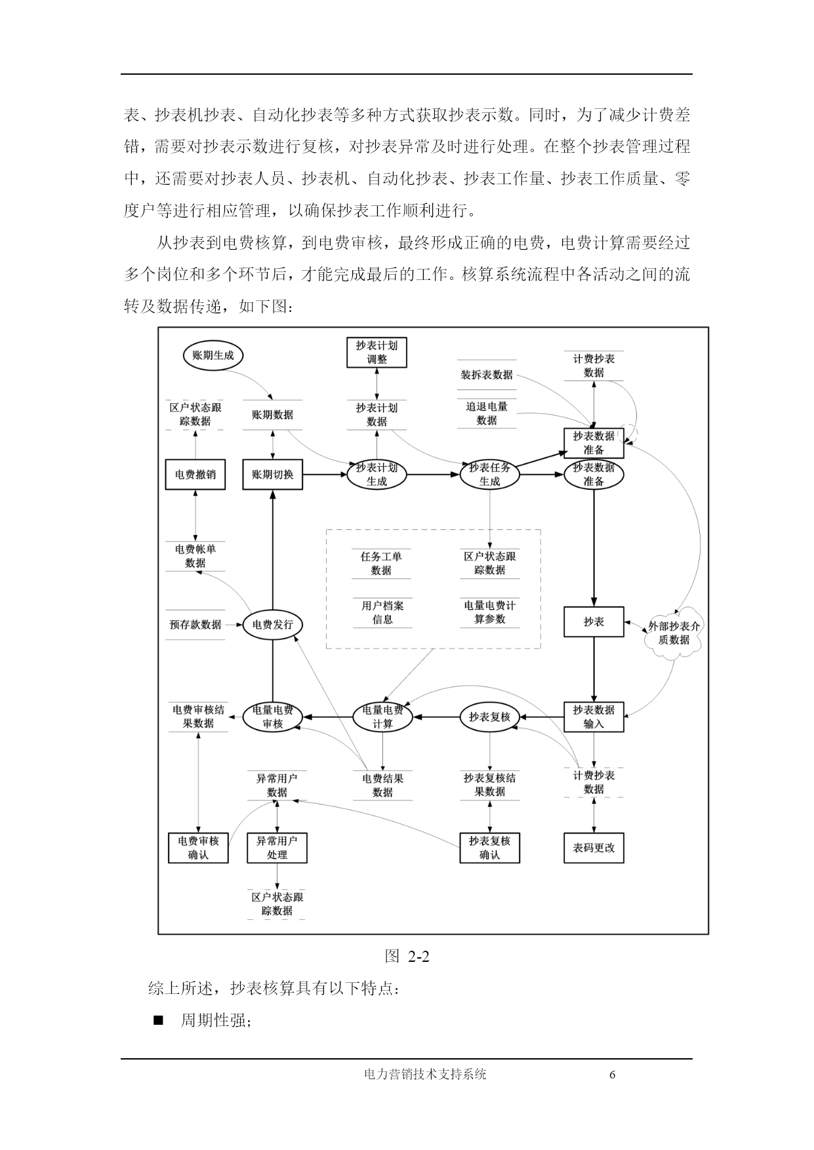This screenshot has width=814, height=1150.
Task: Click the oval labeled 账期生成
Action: pos(213,355)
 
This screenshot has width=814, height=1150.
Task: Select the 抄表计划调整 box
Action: pos(376,352)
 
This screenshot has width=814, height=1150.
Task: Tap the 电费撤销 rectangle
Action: pos(195,474)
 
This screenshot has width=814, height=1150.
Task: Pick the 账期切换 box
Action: pos(272,474)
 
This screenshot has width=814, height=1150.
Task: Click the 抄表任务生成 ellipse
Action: pos(489,474)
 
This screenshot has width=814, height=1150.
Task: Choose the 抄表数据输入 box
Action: pos(594,717)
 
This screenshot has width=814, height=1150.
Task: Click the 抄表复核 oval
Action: pos(489,717)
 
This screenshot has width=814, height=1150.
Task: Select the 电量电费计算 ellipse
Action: pos(382,717)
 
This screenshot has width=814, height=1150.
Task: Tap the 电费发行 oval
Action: pos(272,624)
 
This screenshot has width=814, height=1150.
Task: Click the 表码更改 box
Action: pos(594,848)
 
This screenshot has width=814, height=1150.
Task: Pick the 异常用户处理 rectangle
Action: pos(277,848)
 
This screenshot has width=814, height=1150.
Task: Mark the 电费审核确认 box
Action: pos(198,848)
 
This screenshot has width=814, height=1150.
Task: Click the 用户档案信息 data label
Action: pos(382,612)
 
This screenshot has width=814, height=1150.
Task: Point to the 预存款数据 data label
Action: pos(195,624)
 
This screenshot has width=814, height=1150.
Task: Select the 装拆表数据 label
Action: pos(487,375)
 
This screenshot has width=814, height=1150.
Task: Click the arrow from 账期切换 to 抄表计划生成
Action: pos(325,474)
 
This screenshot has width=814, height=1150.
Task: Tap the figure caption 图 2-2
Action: pos(407,957)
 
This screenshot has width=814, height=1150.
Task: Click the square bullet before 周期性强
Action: pos(157,1021)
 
